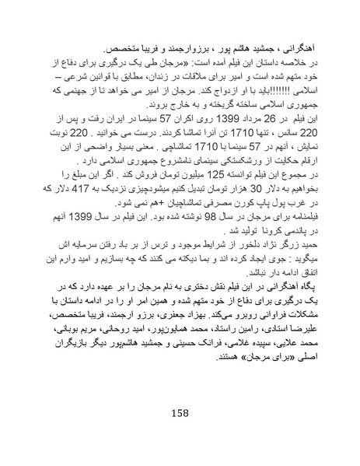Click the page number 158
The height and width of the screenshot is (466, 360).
coord(180,412)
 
